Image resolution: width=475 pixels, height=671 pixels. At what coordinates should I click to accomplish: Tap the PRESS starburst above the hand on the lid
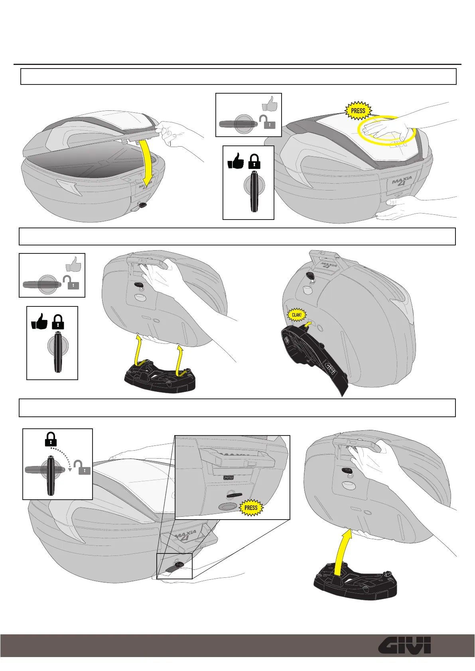[x=358, y=111]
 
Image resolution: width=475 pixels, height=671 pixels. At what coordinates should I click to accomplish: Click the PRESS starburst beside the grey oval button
[x=251, y=508]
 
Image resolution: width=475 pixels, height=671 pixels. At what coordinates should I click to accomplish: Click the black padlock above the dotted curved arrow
[x=51, y=439]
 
